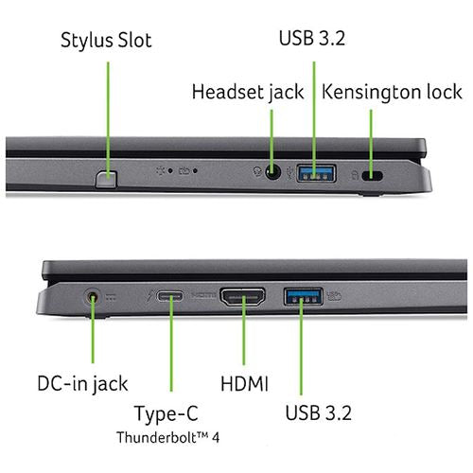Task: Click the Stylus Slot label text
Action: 106,41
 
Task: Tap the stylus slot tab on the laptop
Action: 106,179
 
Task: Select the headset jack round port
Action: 272,172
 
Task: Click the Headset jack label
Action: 248,92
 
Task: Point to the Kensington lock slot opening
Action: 373,175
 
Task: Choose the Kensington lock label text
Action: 392,92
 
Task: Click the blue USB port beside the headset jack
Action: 316,173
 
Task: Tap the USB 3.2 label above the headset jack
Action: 312,38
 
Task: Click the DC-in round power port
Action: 93,297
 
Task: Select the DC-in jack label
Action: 82,384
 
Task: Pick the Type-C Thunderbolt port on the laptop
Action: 170,296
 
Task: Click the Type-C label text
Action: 166,413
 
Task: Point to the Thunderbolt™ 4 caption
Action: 167,437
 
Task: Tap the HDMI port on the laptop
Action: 242,297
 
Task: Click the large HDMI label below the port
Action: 244,384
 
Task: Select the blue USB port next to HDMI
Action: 304,297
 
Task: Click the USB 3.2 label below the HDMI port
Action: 319,412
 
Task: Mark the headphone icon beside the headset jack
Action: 257,172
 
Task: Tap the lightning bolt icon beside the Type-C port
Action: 149,297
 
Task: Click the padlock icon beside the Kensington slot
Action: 355,175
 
